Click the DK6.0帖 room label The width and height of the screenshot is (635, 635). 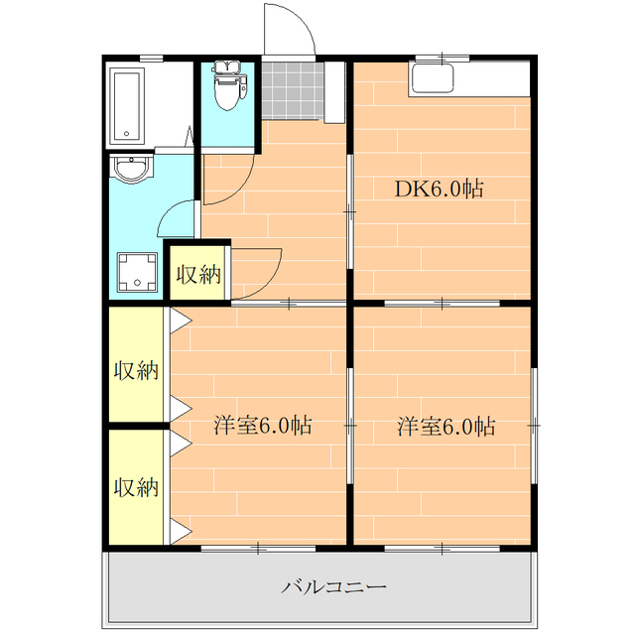(x=439, y=189)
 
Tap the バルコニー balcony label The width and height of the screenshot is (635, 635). (x=333, y=586)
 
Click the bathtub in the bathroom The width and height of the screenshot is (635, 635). (x=128, y=105)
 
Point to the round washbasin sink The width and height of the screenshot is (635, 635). (x=132, y=170)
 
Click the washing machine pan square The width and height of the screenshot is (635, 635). (x=137, y=272)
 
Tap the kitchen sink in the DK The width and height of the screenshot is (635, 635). (x=432, y=78)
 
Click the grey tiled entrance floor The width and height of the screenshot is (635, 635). (x=293, y=90)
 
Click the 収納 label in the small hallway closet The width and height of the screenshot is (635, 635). (x=198, y=275)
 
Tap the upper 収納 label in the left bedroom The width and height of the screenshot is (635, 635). (x=136, y=370)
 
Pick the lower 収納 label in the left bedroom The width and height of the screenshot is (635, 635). (x=136, y=487)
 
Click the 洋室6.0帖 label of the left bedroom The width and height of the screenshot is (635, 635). (x=263, y=426)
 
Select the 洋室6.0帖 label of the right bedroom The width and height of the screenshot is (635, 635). (x=445, y=426)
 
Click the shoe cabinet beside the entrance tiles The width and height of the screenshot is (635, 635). (x=334, y=92)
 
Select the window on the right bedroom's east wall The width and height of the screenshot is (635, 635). (x=534, y=426)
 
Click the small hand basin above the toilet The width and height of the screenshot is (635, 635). (x=227, y=66)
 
